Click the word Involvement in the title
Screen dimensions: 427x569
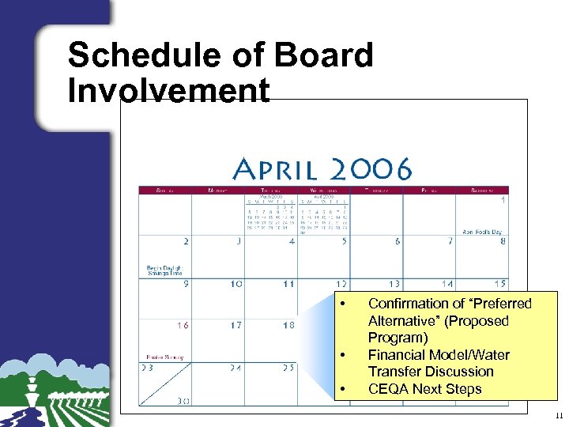coord(168,90)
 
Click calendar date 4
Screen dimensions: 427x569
coord(292,241)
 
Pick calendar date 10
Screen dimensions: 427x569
coord(236,284)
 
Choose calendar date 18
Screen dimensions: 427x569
coord(288,325)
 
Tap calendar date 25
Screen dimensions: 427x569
coord(288,368)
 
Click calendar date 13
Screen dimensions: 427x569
coord(393,284)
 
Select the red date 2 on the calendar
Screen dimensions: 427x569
coord(185,241)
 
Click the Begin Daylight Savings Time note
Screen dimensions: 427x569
coord(164,270)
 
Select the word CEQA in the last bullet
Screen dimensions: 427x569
coord(389,389)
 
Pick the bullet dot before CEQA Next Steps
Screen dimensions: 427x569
coord(342,389)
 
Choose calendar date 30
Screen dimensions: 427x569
coord(183,401)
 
